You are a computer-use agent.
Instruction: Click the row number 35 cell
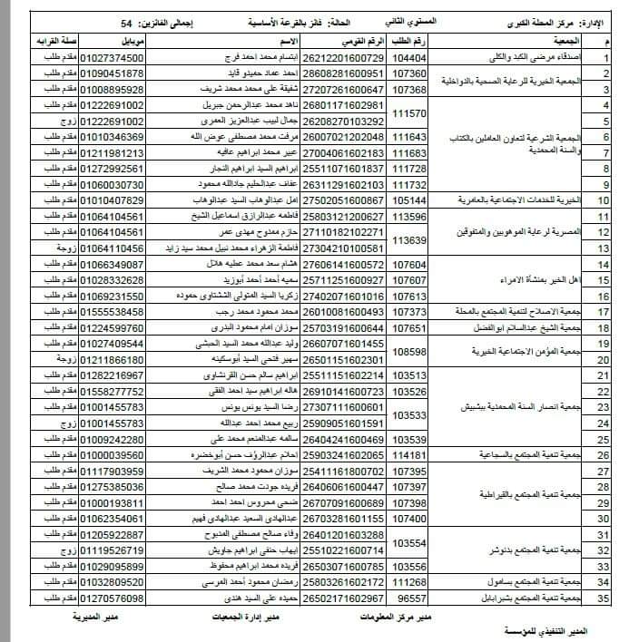(x=602, y=599)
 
